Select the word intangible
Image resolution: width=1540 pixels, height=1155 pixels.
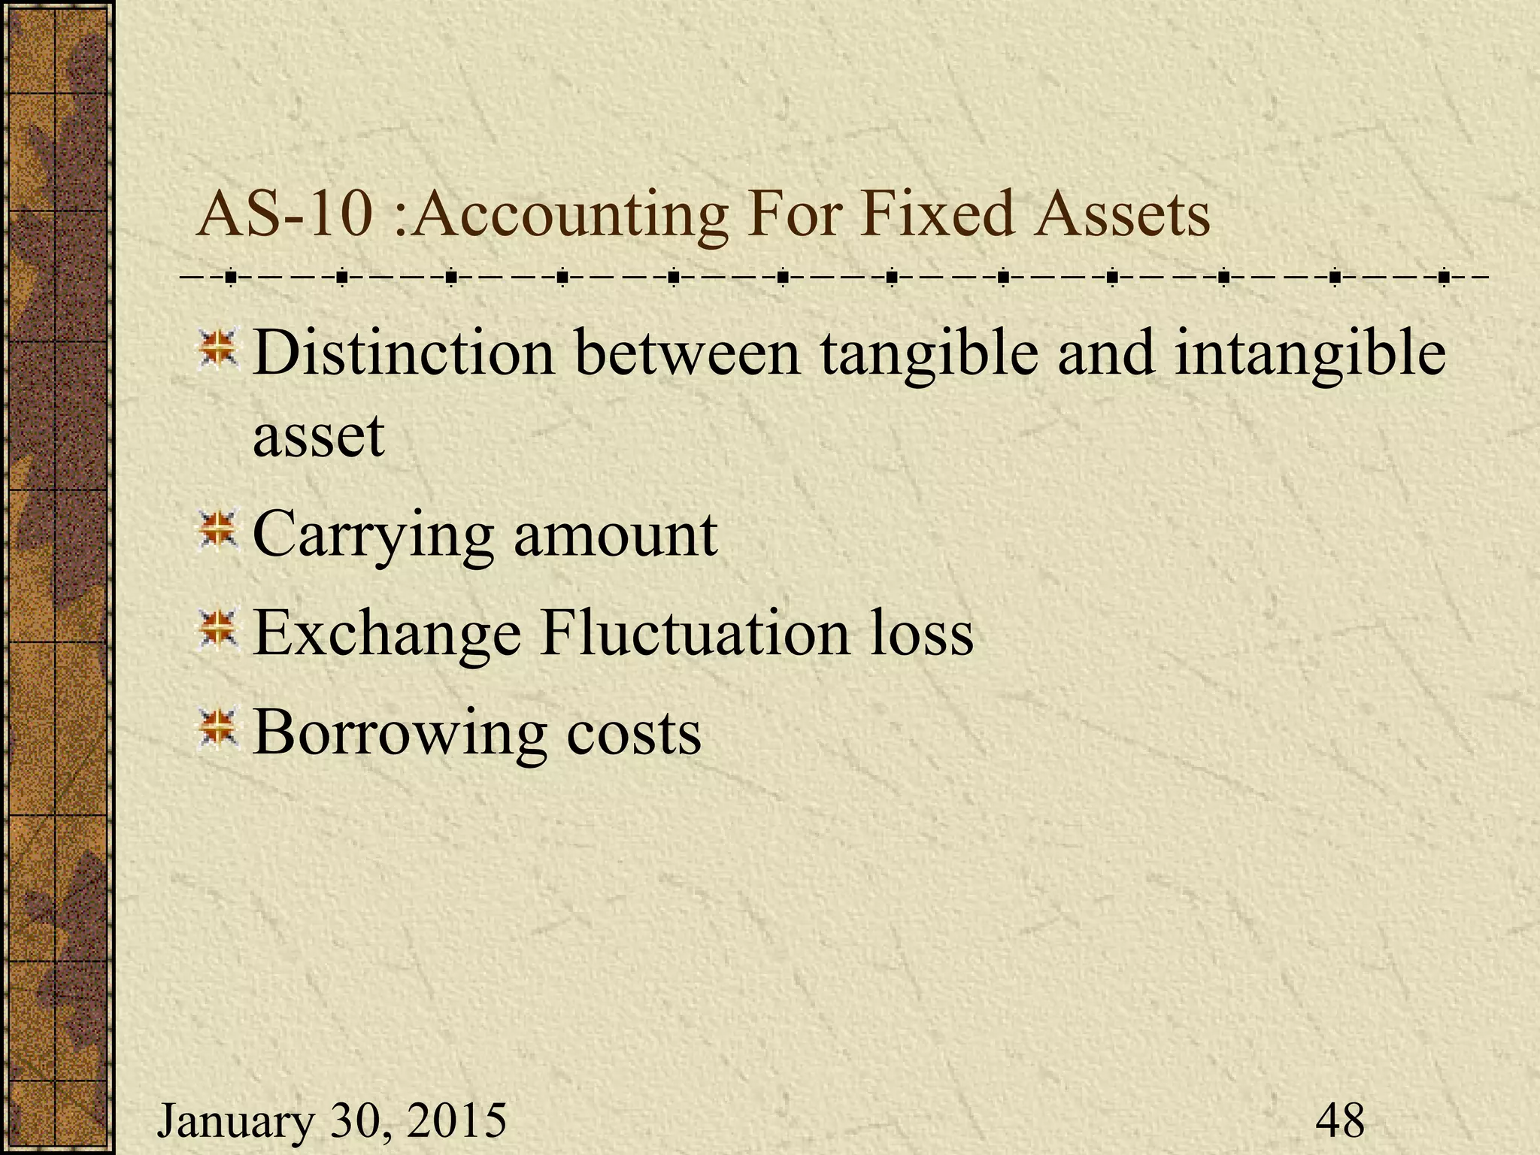coord(1309,353)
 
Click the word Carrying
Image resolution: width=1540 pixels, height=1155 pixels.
coord(373,535)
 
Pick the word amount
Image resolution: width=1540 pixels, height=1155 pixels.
coord(615,535)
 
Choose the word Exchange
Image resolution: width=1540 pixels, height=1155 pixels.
coord(387,633)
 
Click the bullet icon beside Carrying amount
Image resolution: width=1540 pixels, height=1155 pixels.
coord(217,530)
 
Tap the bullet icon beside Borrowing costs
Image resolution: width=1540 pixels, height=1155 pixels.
coord(217,728)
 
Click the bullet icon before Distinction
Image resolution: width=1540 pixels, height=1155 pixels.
coord(217,347)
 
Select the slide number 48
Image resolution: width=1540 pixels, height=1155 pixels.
coord(1340,1120)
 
